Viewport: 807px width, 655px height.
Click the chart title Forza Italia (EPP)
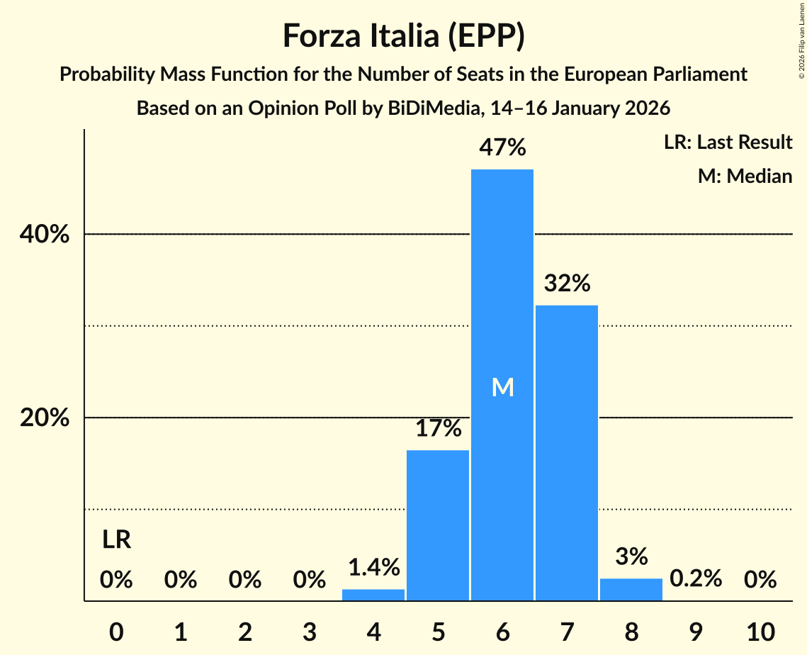pyautogui.click(x=403, y=36)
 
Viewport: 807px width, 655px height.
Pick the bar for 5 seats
pyautogui.click(x=438, y=525)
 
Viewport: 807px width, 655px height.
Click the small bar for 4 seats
pyautogui.click(x=373, y=595)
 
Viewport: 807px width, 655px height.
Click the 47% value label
pyautogui.click(x=502, y=147)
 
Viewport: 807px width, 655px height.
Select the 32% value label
pyautogui.click(x=567, y=284)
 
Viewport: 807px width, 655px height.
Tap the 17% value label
pyautogui.click(x=438, y=428)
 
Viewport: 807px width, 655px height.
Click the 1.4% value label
pyautogui.click(x=373, y=567)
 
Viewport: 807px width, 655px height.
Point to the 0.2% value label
pyautogui.click(x=696, y=578)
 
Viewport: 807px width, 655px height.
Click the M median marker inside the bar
pyautogui.click(x=502, y=387)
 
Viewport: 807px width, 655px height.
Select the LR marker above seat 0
pyautogui.click(x=116, y=540)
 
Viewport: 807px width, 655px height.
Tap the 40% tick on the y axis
pyautogui.click(x=45, y=235)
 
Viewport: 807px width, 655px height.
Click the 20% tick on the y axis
pyautogui.click(x=45, y=418)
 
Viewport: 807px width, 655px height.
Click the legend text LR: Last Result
pyautogui.click(x=728, y=142)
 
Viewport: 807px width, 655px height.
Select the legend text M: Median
pyautogui.click(x=745, y=176)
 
